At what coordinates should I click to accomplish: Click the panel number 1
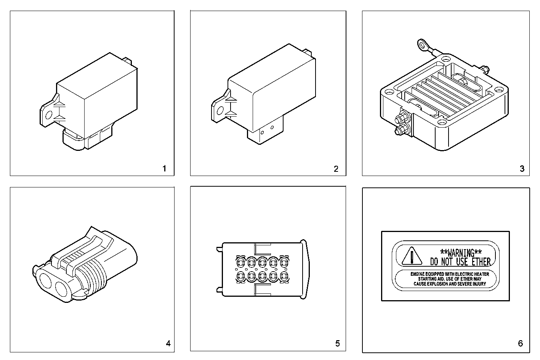coord(164,168)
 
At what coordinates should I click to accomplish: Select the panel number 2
coord(336,169)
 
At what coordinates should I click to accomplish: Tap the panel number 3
coord(522,169)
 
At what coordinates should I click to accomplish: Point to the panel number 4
coord(168,344)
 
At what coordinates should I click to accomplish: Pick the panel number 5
coord(337,344)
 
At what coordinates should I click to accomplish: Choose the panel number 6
coord(521,344)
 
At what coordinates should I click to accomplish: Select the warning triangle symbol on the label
coord(412,256)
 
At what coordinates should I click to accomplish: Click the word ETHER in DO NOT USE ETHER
coord(481,262)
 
